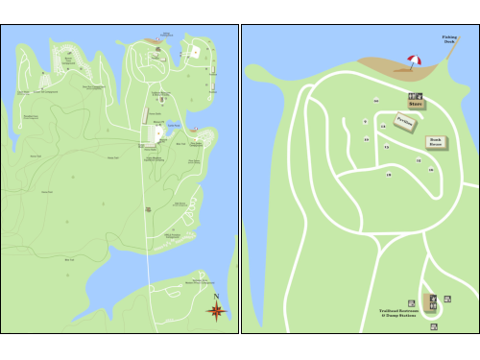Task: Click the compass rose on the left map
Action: (216, 310)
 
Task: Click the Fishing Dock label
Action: (449, 40)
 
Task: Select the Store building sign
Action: (415, 104)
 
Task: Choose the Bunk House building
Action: (435, 141)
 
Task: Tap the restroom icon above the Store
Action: (415, 95)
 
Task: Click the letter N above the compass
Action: (217, 297)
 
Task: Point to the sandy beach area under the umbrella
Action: (398, 68)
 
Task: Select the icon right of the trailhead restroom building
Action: (447, 300)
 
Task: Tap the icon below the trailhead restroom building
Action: (434, 325)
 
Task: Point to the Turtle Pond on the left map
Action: (172, 126)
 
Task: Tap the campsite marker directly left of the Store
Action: (376, 101)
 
